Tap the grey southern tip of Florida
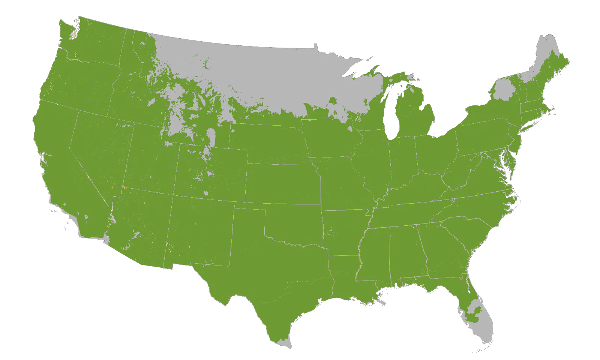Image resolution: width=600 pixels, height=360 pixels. coord(484,330)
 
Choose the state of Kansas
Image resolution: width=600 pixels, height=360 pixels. coord(283,184)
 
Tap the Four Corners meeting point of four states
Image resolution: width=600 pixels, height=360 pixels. coord(173,195)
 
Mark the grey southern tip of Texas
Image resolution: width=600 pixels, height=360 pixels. coord(286,343)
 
